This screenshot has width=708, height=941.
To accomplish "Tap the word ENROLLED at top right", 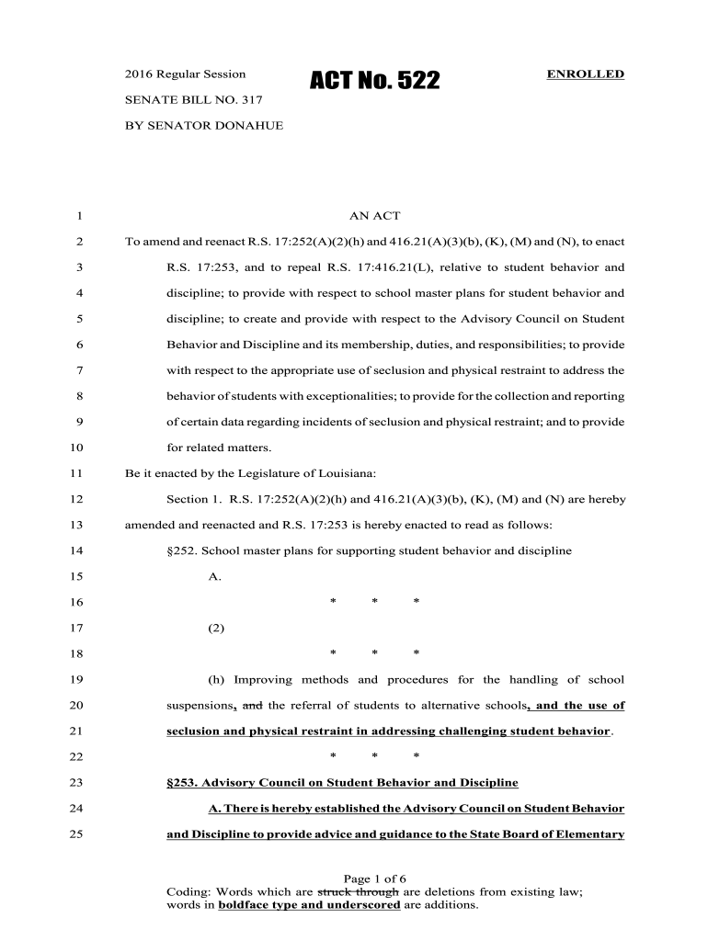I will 586,74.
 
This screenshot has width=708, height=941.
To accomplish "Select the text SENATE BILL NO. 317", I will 187,99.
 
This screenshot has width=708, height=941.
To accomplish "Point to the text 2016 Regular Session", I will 185,74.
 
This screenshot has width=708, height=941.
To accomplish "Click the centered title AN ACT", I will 374,216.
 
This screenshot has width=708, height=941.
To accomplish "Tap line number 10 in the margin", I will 76,448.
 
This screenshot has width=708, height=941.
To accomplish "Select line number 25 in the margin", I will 76,835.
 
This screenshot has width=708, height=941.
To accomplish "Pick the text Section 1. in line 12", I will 192,500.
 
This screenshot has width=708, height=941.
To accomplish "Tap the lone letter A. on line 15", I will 215,577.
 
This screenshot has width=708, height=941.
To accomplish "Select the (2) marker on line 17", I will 216,629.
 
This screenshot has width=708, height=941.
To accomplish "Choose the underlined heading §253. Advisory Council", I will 341,783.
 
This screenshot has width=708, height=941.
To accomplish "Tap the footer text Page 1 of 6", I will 374,878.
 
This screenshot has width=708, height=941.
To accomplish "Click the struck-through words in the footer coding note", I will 358,891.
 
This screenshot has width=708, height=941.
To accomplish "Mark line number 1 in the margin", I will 80,216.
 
